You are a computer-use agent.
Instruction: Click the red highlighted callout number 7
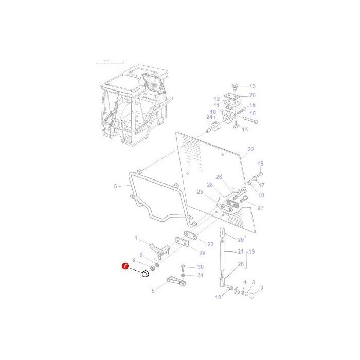(124, 266)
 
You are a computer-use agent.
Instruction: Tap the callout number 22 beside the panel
(251, 150)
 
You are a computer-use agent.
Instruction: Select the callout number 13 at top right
(252, 86)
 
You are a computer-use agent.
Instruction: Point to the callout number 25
(252, 95)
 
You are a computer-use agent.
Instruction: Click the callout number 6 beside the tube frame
(115, 186)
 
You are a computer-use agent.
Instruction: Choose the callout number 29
(202, 254)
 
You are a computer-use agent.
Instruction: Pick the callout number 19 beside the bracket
(252, 252)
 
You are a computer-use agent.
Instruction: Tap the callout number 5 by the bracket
(153, 291)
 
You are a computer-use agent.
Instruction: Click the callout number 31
(201, 275)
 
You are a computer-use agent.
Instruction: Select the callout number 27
(260, 208)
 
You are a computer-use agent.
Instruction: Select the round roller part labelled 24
(215, 126)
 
